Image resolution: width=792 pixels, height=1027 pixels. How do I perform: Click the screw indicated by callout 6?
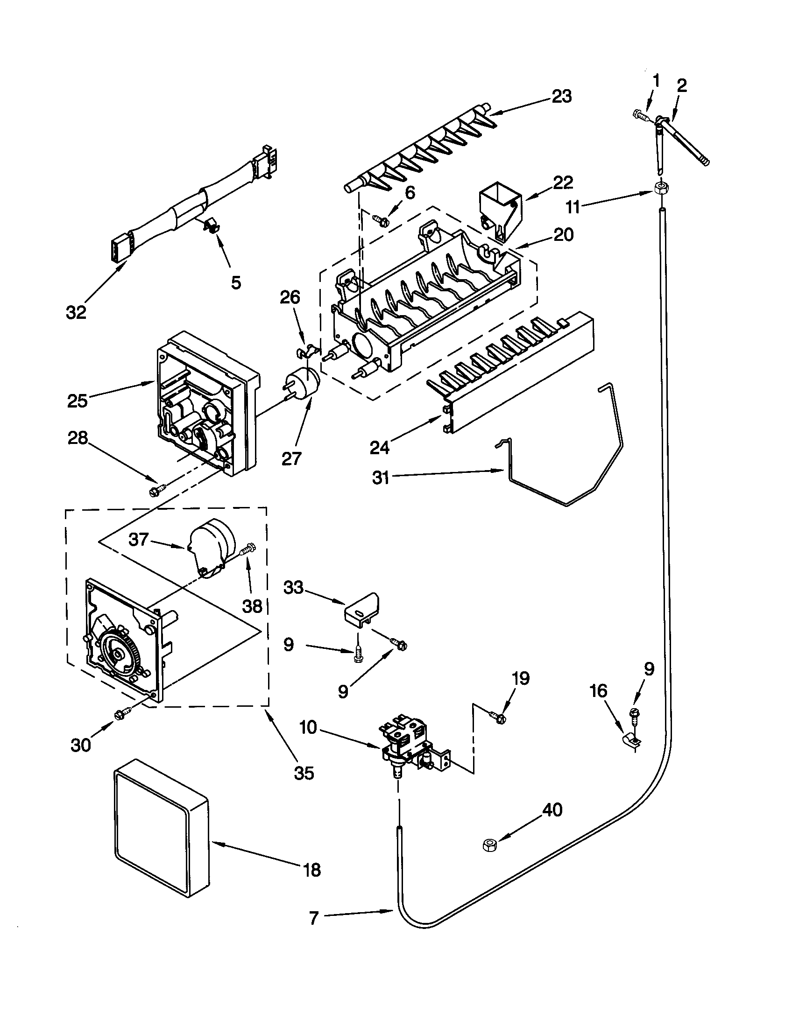381,218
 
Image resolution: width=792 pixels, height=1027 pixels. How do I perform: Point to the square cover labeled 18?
160,835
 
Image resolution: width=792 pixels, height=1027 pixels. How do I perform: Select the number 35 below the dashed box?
304,773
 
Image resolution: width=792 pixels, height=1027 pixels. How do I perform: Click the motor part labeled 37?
210,545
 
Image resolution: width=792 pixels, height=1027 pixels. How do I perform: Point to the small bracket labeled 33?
361,612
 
